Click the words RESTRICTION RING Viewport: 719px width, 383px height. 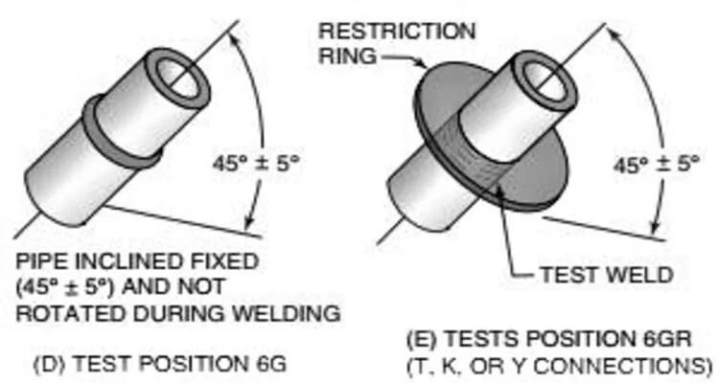pos(397,43)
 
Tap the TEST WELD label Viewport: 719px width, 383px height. pos(607,275)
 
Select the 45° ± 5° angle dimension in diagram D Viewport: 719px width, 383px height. pos(256,163)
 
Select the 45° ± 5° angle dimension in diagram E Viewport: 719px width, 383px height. pos(656,164)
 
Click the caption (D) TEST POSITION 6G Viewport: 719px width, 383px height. pos(160,364)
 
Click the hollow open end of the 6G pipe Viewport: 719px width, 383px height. pos(177,77)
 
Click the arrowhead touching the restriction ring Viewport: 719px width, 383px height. pos(423,63)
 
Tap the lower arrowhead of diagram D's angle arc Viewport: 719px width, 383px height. pos(248,223)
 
